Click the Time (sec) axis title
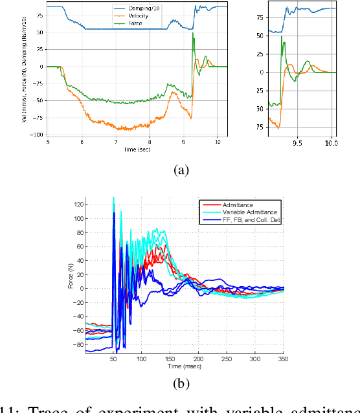[x=137, y=150]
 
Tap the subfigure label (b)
[x=179, y=383]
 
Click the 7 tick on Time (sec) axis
[x=116, y=142]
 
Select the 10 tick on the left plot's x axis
[x=218, y=142]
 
